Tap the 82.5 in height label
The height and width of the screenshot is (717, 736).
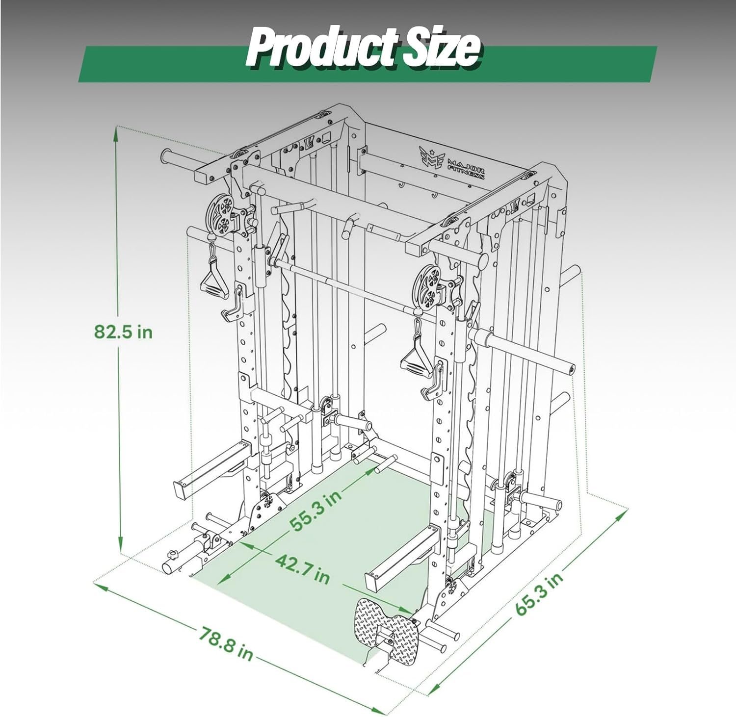[x=124, y=332]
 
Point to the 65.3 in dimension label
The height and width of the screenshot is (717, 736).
[x=539, y=594]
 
